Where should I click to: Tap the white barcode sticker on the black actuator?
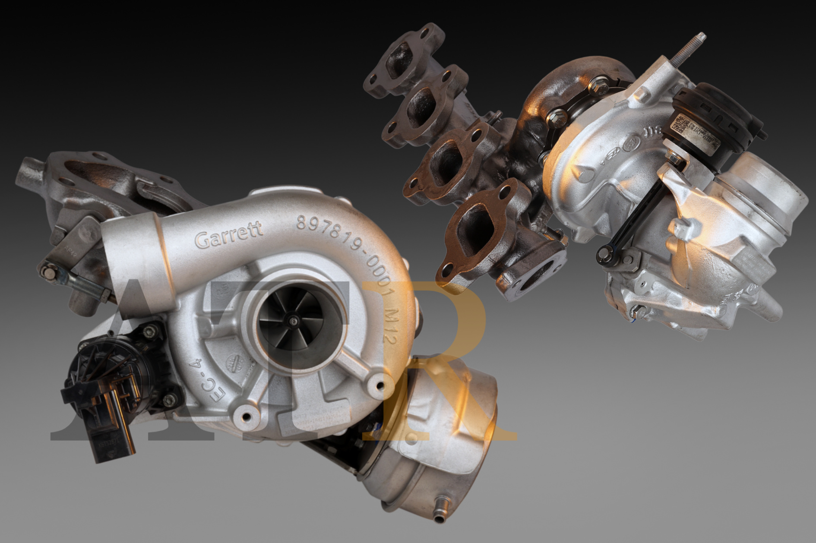click(x=684, y=126)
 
